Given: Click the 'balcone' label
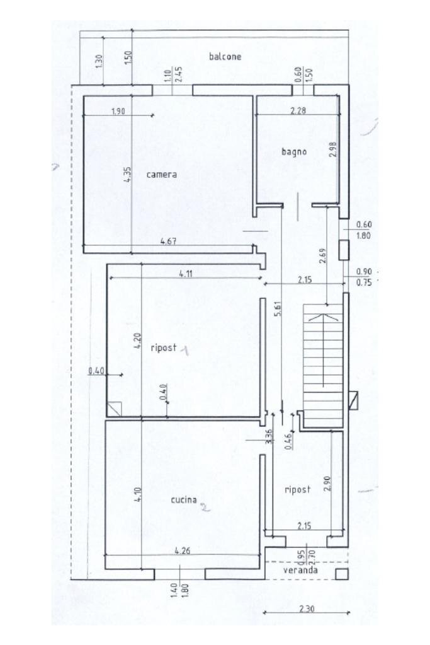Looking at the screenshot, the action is (225, 56).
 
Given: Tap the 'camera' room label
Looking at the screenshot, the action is (162, 175).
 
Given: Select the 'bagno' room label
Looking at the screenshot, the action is (294, 152).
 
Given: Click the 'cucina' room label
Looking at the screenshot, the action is (184, 500).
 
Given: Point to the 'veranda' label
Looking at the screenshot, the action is (300, 570).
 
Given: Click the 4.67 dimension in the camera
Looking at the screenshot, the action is (169, 241).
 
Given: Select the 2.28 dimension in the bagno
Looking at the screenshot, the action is (298, 110).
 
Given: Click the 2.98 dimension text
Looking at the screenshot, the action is (332, 149).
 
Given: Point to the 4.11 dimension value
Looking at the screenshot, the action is (186, 274).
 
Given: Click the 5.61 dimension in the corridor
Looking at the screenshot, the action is (278, 308).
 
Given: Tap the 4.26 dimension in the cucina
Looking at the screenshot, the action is (183, 550).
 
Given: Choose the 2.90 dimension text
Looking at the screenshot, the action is (327, 484).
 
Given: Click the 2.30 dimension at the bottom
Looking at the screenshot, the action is (307, 608).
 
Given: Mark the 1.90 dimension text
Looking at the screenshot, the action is (118, 111).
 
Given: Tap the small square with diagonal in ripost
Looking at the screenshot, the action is (114, 409).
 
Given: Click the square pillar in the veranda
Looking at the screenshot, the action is (342, 574).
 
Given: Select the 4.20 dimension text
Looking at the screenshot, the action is (138, 340).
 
